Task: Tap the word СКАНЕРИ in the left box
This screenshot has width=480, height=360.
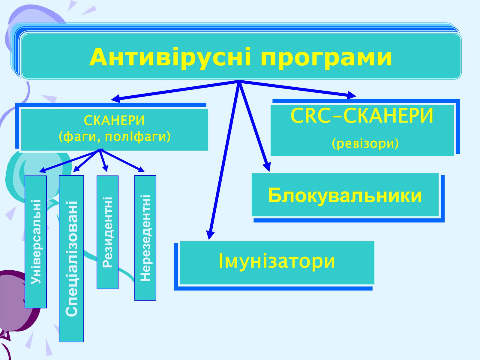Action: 114,121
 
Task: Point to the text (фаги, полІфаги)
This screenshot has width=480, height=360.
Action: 114,137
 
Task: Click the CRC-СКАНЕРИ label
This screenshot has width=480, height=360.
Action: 362,116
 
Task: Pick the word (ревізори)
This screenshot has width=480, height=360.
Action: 365,144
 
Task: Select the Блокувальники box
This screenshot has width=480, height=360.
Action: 345,195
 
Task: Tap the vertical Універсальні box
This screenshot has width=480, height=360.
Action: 36,241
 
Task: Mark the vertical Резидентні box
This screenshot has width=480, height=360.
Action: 107,232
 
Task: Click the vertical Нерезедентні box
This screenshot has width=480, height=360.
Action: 145,238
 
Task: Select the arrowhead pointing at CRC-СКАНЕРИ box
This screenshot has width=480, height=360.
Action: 352,95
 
